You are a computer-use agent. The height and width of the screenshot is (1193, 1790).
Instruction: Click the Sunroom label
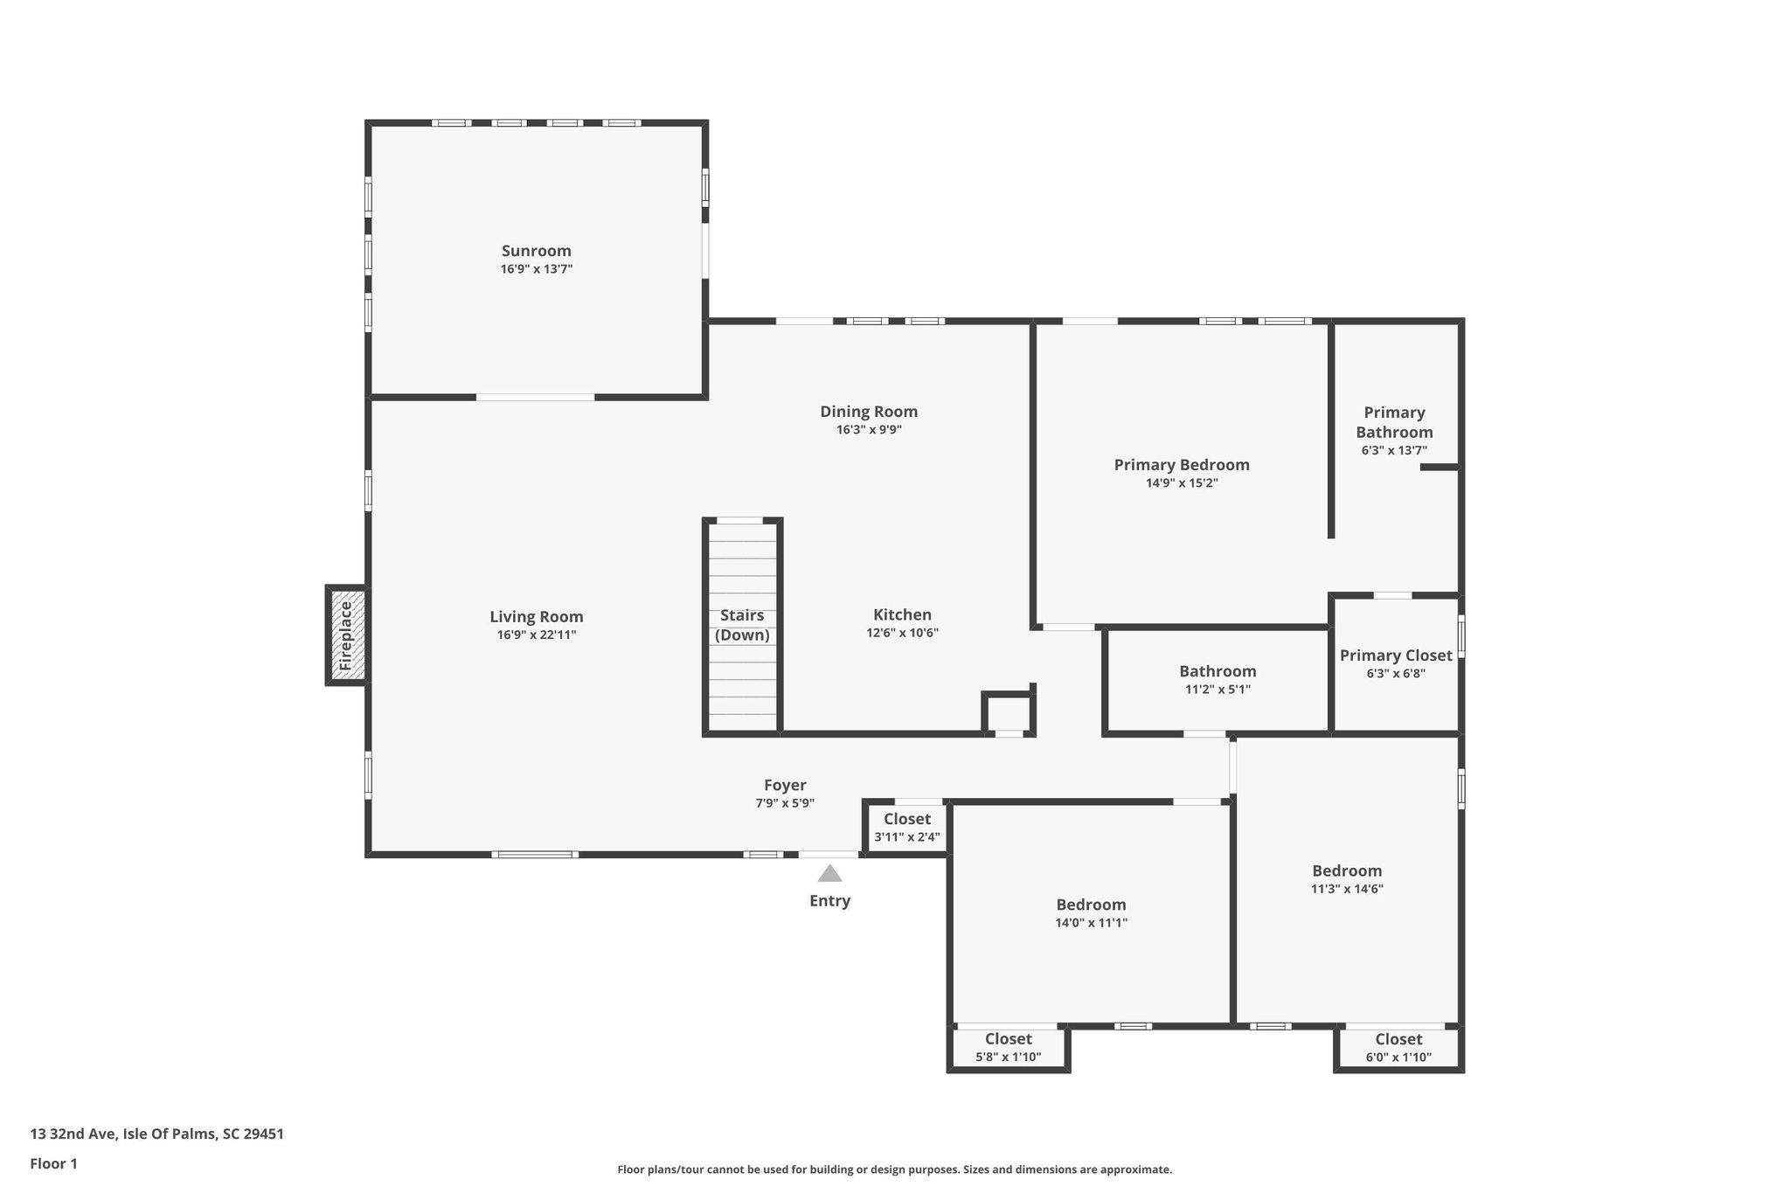[x=536, y=251]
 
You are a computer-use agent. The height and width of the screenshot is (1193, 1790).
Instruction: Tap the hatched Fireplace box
[x=347, y=635]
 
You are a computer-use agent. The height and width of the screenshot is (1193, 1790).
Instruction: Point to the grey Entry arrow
[x=829, y=873]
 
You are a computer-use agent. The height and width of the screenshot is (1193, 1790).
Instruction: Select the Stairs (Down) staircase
[x=742, y=627]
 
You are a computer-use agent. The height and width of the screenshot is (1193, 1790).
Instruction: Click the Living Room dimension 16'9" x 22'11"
[x=537, y=635]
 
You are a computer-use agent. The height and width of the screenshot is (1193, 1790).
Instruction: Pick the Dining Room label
[x=869, y=412]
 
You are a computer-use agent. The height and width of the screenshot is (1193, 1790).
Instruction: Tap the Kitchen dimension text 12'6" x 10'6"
[x=902, y=633]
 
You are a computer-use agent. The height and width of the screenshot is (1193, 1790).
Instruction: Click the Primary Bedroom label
[x=1182, y=465]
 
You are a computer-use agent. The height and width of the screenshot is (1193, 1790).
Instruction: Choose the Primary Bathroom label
[x=1394, y=422]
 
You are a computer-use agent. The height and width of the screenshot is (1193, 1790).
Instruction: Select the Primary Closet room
[x=1396, y=664]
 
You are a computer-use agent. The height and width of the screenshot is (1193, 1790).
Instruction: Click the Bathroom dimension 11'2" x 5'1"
[x=1218, y=690]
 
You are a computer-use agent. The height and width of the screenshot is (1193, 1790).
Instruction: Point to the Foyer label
[x=785, y=786]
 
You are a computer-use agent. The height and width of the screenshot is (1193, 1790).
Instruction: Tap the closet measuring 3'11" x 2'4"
[x=906, y=828]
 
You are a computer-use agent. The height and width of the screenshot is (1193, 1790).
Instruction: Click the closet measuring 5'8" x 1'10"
[x=1009, y=1047]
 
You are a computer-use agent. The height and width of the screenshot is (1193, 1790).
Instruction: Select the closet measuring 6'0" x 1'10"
[x=1398, y=1047]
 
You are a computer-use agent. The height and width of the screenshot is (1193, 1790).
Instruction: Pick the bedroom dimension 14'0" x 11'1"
[x=1091, y=923]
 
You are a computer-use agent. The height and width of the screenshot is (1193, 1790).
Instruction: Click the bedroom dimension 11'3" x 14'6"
[x=1347, y=890]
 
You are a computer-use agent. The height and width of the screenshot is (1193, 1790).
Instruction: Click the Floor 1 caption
[x=53, y=1164]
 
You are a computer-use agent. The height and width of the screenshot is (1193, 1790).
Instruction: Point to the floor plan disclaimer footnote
[x=894, y=1169]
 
